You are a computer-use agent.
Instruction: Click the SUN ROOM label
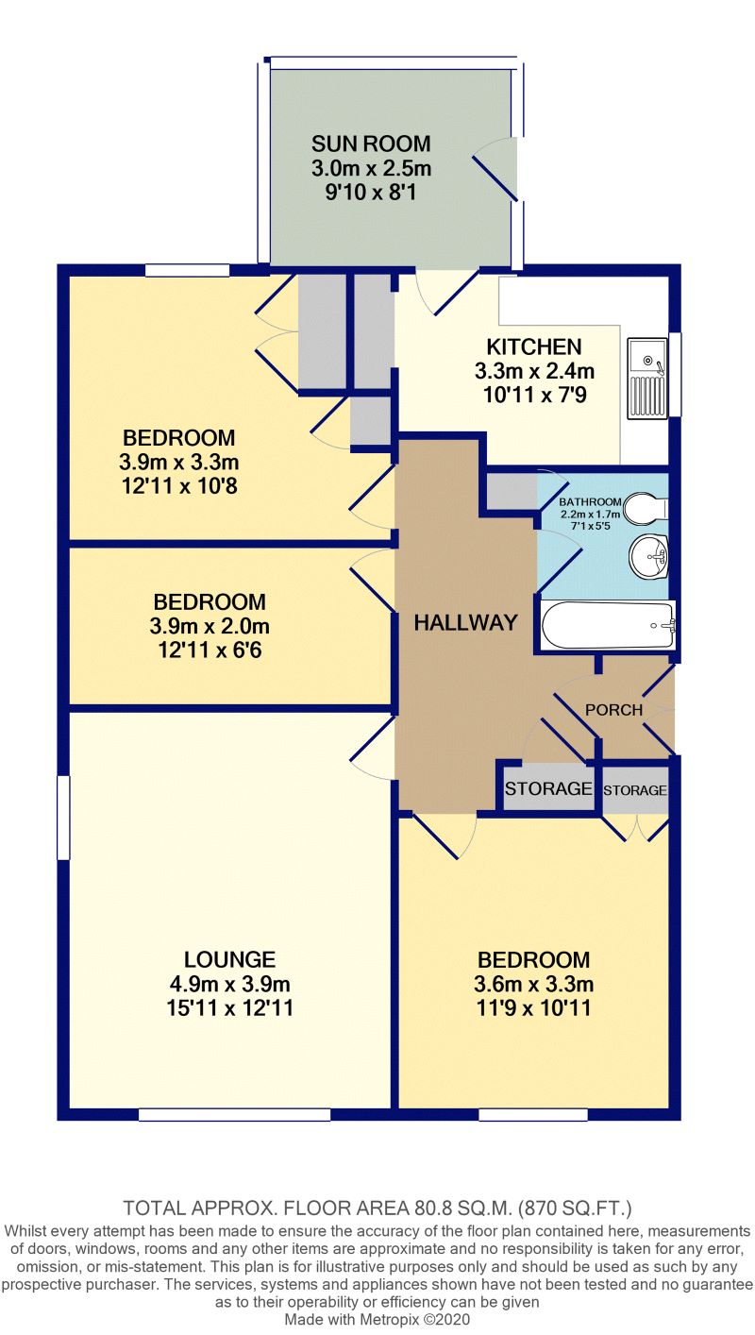pos(371,144)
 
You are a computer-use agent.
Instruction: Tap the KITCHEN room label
pos(534,346)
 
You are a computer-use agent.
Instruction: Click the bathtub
pos(608,625)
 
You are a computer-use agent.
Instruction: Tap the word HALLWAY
pos(465,622)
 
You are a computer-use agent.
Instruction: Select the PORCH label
pos(613,709)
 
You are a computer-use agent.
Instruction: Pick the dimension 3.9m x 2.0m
pos(210,626)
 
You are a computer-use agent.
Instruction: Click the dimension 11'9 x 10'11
pos(533,1007)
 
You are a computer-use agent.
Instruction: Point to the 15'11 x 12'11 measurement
pos(229,1007)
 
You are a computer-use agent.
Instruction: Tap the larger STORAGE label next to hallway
pos(548,788)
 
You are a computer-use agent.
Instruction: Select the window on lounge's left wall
pos(63,818)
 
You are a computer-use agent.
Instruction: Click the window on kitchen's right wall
pos(675,373)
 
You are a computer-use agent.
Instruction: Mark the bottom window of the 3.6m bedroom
pos(533,1115)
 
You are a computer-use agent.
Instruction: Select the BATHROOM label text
pos(590,501)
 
